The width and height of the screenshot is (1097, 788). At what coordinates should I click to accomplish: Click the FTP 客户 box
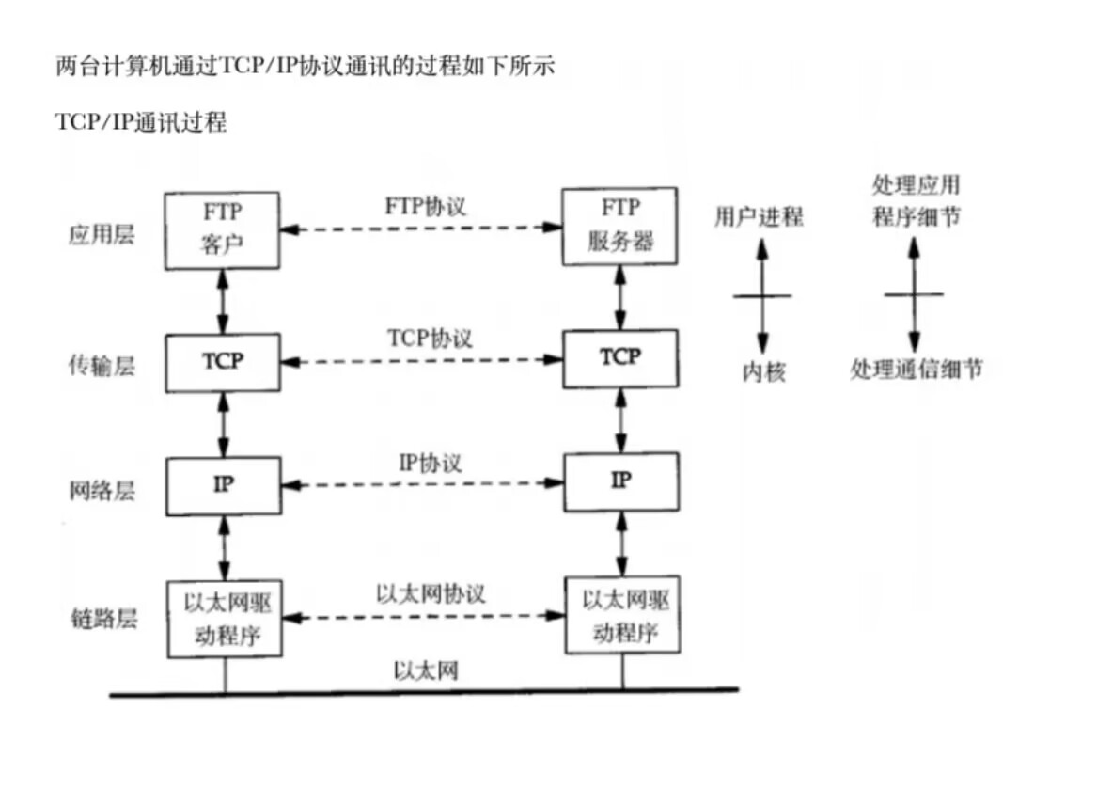point(223,230)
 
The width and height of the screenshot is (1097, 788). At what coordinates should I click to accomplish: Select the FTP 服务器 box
point(619,227)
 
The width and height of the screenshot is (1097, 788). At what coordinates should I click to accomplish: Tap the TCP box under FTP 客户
point(223,362)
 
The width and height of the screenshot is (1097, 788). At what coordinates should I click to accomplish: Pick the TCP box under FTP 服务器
point(619,357)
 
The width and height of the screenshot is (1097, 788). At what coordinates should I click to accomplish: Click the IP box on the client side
point(223,485)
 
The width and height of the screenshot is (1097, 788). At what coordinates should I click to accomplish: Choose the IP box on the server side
point(619,481)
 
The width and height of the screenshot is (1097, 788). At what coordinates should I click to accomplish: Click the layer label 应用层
point(102,234)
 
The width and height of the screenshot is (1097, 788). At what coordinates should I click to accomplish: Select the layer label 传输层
point(102,366)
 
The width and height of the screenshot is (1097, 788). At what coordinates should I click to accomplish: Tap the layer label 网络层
point(102,489)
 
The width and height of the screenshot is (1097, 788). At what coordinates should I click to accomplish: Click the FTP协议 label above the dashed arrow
point(425,206)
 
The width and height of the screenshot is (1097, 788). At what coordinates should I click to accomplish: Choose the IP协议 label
point(431,463)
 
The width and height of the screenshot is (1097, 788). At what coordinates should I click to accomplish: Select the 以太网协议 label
point(431,594)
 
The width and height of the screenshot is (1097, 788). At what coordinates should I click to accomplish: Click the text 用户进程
point(759,217)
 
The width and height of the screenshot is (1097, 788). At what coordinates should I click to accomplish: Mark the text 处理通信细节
point(916,370)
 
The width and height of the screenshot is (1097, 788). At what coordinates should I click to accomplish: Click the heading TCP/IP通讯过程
point(141,122)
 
